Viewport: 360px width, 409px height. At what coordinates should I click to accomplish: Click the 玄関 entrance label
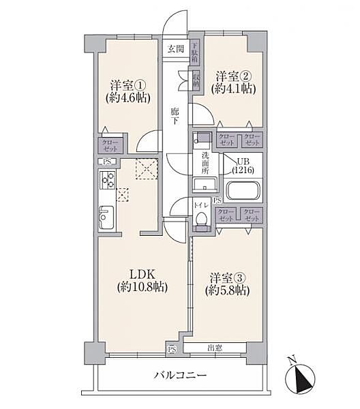[175, 49]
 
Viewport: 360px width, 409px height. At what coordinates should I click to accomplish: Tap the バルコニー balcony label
[180, 375]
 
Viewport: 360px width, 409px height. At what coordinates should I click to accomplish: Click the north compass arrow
[300, 378]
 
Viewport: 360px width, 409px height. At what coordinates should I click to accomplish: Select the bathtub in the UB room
[243, 190]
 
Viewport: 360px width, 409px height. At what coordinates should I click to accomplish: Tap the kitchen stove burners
[108, 181]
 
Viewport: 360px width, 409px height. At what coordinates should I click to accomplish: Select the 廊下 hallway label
[175, 115]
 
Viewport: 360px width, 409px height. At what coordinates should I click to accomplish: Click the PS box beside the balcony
[171, 349]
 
